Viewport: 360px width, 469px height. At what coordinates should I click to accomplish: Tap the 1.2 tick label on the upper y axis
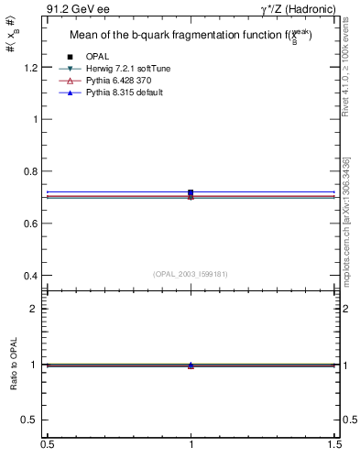[x=31, y=68]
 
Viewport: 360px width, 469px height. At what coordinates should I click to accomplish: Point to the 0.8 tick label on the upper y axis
[x=31, y=171]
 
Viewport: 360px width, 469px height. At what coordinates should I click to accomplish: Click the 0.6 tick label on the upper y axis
[x=31, y=224]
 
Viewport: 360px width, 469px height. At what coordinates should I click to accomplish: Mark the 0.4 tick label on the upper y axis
[x=31, y=276]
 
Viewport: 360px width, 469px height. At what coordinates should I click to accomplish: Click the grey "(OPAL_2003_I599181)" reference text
[x=191, y=273]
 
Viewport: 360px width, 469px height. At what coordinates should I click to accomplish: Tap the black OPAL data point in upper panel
[x=191, y=192]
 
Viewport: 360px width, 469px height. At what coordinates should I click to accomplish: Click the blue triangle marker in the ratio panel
[x=191, y=365]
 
